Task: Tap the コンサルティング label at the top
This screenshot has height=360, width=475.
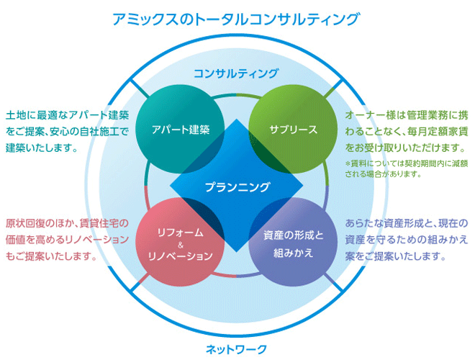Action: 236,73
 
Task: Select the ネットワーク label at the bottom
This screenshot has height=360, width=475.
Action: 236,349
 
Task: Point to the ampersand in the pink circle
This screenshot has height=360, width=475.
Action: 181,246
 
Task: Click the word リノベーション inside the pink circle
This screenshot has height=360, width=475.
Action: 181,256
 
